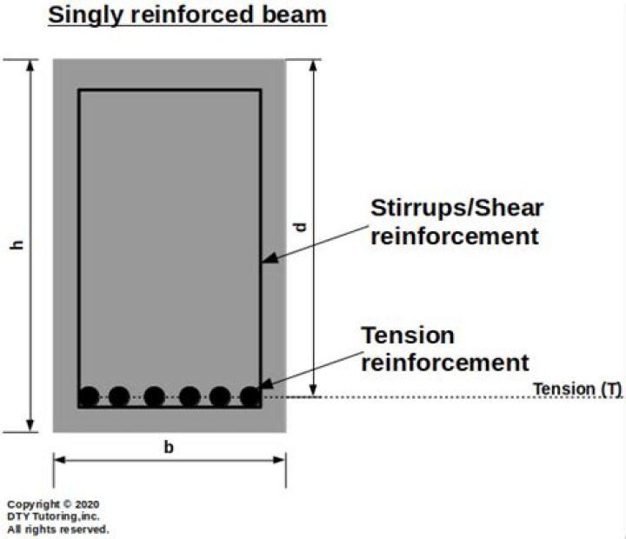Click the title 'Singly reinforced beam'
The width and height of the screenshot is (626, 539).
point(187,15)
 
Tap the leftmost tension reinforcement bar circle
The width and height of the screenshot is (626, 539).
point(89,397)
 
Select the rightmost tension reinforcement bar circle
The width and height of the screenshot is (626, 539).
point(250,397)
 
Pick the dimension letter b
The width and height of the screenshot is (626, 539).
point(170,448)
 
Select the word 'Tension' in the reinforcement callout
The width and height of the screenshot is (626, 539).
point(408,336)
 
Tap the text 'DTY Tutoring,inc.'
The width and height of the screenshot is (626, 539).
point(54,516)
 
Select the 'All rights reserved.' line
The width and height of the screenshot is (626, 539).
point(58,529)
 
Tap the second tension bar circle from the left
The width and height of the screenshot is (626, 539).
point(119,397)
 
